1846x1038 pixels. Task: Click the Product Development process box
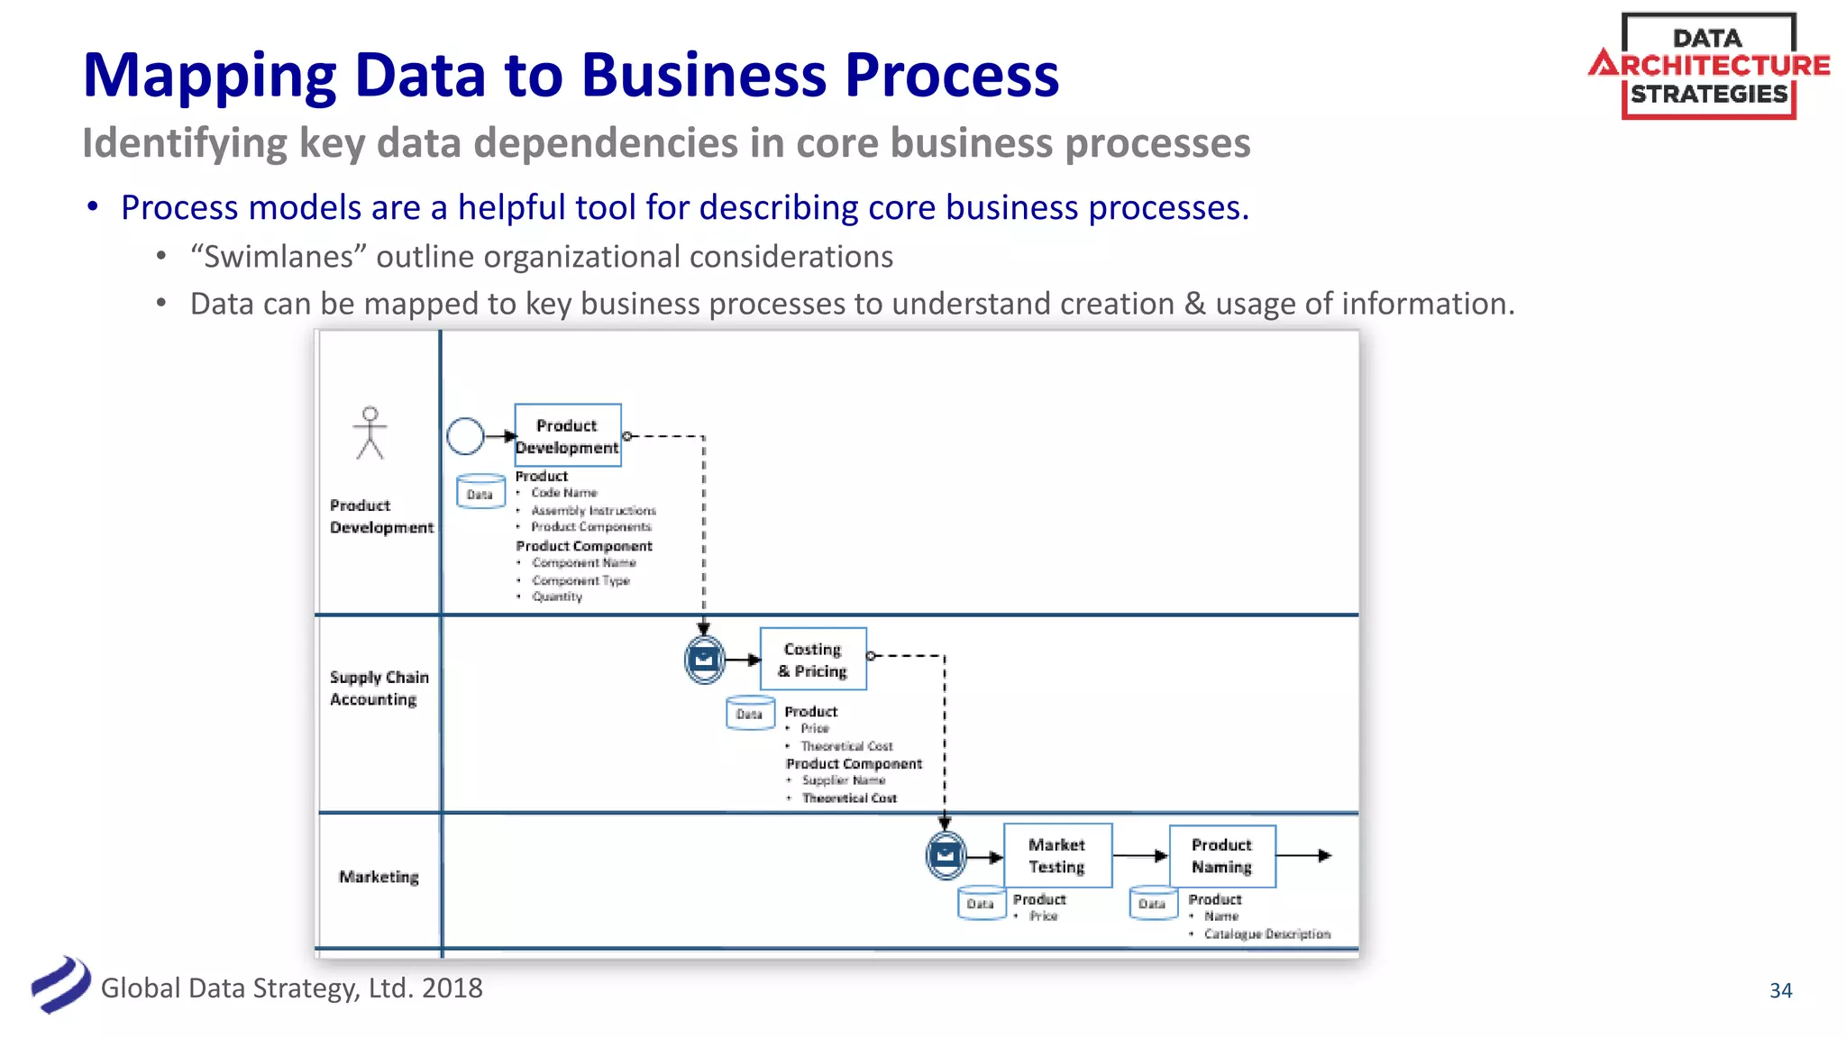(x=568, y=435)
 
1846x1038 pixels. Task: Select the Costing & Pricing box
(x=813, y=660)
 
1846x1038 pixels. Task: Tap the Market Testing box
(x=1057, y=855)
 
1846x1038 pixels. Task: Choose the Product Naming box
(x=1222, y=855)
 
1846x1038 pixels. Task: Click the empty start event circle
(x=465, y=436)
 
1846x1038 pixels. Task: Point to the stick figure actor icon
(x=370, y=433)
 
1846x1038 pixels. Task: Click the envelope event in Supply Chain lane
(x=704, y=660)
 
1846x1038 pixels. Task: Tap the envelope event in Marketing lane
(x=946, y=855)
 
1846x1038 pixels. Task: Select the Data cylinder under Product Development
(x=480, y=492)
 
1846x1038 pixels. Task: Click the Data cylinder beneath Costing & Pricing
(x=750, y=713)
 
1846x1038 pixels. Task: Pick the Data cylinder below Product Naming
(x=1153, y=903)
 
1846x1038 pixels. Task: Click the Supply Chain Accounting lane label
(x=379, y=687)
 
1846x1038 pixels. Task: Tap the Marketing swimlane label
(x=379, y=877)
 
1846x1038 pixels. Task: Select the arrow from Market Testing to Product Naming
(x=1140, y=855)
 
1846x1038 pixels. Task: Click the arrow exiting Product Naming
(x=1304, y=855)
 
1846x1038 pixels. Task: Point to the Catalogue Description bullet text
(x=1266, y=934)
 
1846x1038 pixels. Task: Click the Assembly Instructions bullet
(x=593, y=511)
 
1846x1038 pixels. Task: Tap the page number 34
(x=1780, y=990)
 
